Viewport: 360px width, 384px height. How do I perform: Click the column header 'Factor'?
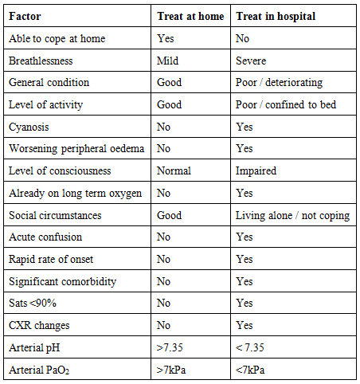point(25,15)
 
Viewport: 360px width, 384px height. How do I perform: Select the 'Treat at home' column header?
point(191,15)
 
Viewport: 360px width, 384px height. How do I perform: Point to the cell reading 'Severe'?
point(252,60)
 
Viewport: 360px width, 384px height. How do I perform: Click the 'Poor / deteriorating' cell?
point(279,82)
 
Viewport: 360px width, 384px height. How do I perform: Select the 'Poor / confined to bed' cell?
point(284,104)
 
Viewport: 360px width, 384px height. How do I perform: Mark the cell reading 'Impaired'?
point(255,171)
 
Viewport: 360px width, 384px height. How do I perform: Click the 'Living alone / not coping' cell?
point(291,215)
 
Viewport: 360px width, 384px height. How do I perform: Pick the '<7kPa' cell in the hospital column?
point(251,370)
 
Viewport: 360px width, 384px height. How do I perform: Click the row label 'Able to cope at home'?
point(57,37)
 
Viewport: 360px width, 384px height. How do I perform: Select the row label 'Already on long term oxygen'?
point(72,193)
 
